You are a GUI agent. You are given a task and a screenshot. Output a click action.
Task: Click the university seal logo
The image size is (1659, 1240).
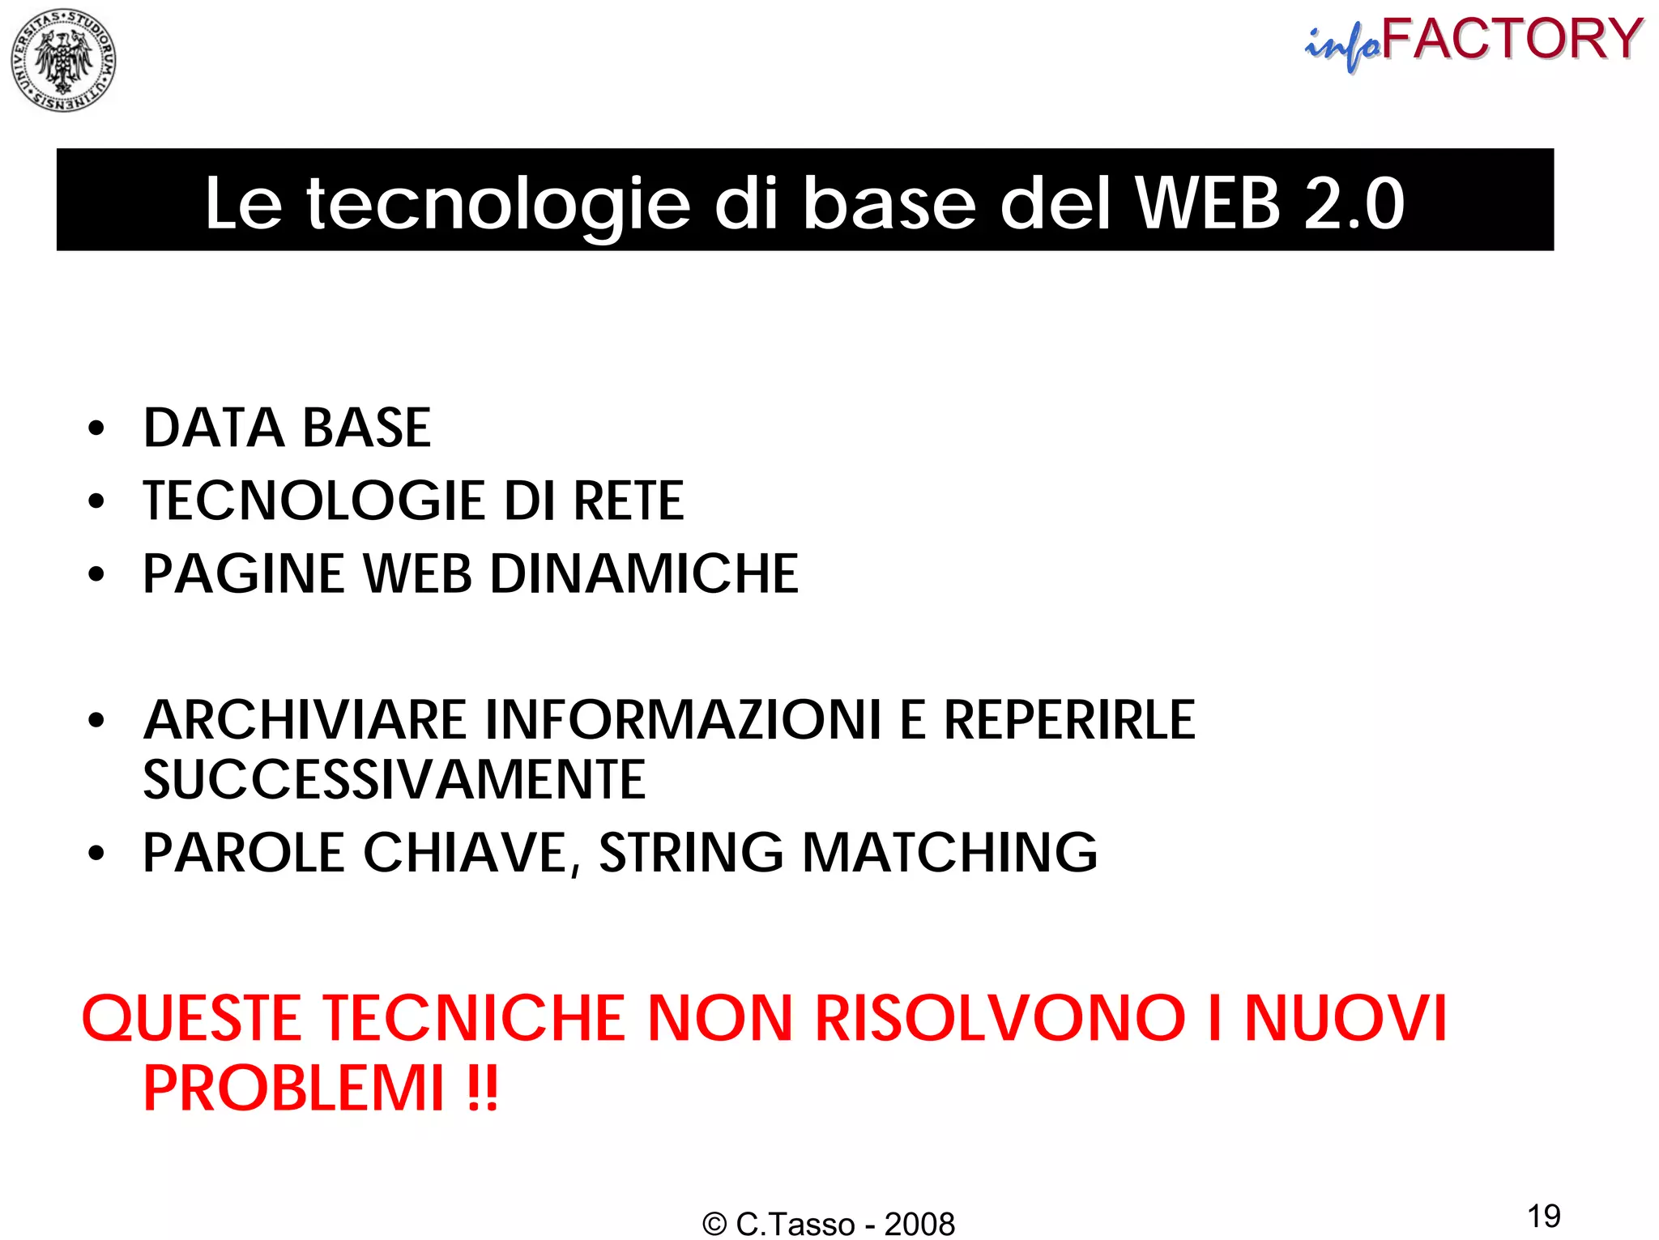coord(63,60)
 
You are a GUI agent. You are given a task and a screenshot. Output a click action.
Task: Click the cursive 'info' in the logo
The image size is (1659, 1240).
coord(1343,47)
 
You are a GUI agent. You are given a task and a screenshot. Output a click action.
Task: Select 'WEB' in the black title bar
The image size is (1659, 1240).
coord(1208,202)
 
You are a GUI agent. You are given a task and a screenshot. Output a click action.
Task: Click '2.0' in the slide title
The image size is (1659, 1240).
coord(1354,202)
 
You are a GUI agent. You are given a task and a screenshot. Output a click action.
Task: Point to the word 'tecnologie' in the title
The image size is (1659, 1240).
coord(497,204)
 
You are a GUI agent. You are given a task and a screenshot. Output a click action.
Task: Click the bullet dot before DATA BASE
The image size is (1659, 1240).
coord(96,428)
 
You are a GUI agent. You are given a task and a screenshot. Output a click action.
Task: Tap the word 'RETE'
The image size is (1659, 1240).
coord(629,501)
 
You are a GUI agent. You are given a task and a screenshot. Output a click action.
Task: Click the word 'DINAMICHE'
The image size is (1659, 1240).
coord(644,574)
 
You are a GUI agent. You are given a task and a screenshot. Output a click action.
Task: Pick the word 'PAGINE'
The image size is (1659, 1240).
coord(244,574)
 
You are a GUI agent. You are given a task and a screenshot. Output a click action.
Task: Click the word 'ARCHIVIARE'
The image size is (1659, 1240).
coord(305,720)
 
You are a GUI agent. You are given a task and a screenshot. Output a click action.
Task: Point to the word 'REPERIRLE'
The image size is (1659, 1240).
coord(1069,720)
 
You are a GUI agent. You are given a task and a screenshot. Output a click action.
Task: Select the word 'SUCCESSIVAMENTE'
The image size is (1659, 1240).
coord(394,780)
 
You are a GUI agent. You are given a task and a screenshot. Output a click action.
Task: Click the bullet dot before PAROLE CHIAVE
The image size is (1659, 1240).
coord(96,854)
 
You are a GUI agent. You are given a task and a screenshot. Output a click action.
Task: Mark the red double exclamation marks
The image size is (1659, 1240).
coord(483,1089)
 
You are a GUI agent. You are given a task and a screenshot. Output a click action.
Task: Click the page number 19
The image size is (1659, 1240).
coord(1543,1216)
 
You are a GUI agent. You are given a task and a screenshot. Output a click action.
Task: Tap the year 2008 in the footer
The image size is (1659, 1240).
coord(919,1224)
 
